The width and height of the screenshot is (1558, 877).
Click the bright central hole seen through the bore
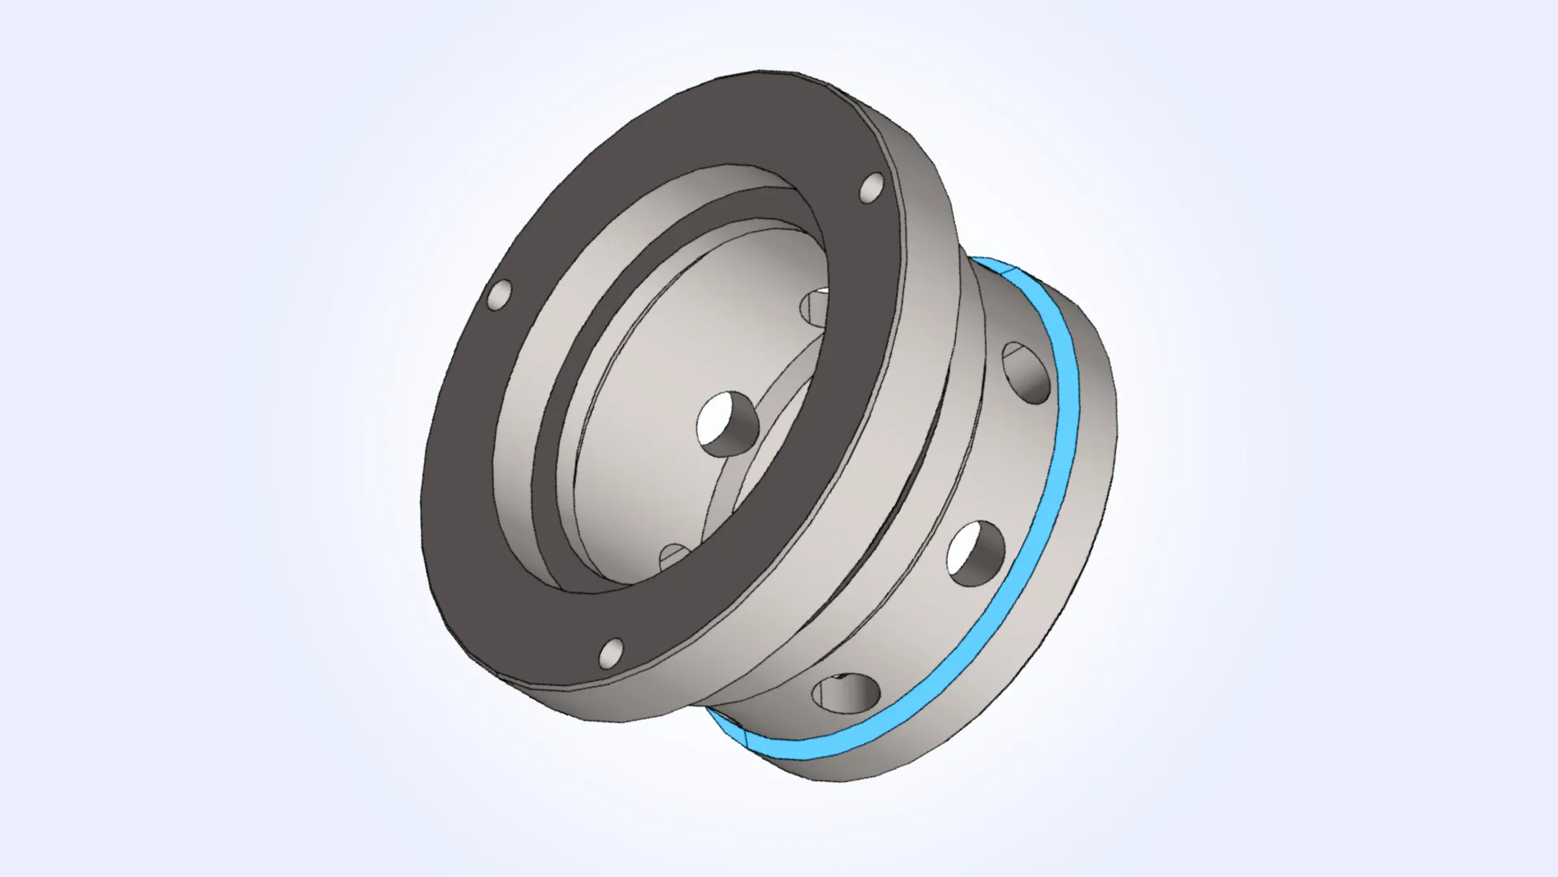tap(727, 423)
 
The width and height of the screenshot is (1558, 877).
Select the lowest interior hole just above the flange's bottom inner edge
tap(675, 555)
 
